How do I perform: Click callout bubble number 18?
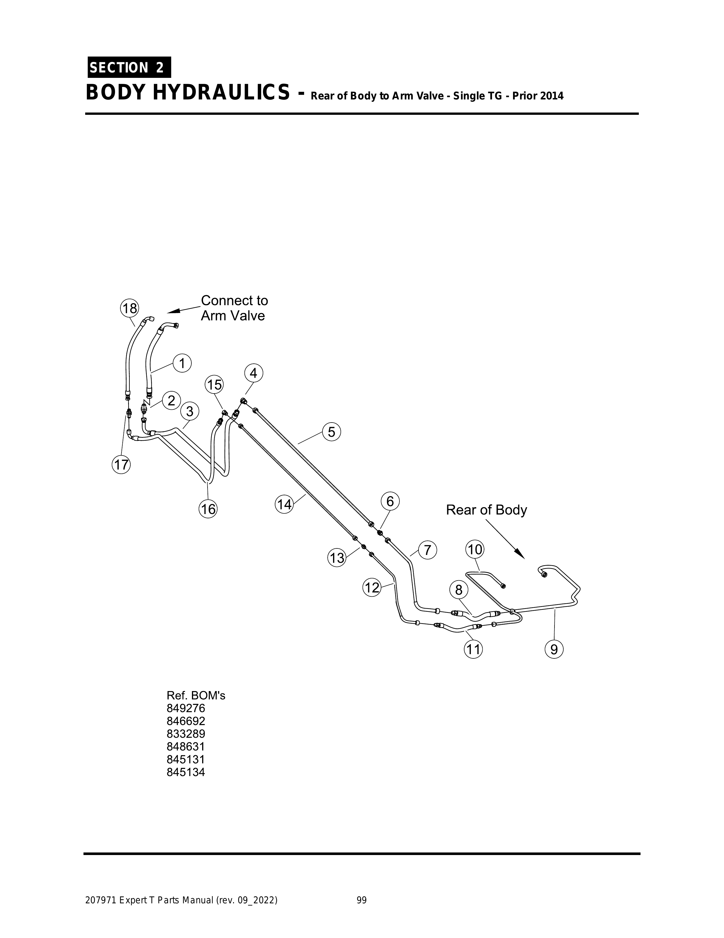(x=129, y=308)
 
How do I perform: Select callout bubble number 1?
(x=182, y=363)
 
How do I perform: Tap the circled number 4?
(x=254, y=373)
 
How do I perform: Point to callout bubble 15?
(x=215, y=384)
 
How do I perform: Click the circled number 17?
(x=122, y=465)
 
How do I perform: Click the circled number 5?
(x=331, y=432)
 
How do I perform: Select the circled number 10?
(x=475, y=549)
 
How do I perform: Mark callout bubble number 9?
(x=554, y=649)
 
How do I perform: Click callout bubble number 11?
(x=473, y=649)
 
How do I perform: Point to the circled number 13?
(x=337, y=558)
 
